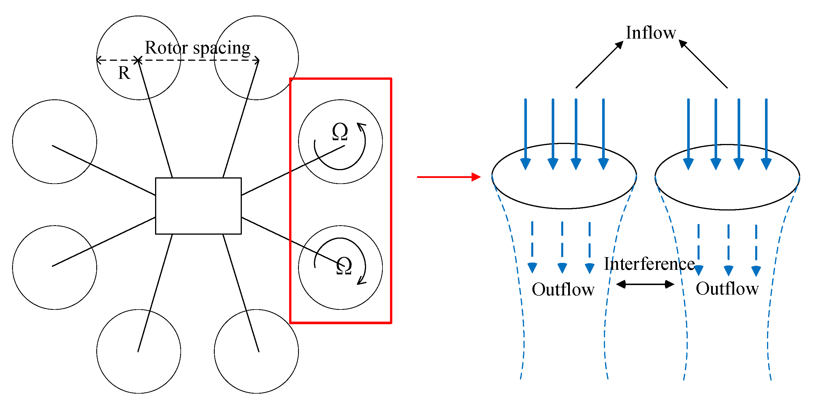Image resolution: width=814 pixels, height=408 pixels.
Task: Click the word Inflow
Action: [651, 33]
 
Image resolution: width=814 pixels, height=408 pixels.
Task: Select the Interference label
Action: [649, 264]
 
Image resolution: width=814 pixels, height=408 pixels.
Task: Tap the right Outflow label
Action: [727, 289]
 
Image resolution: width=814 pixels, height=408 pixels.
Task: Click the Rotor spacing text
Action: [197, 48]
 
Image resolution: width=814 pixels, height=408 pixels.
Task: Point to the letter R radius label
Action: [124, 73]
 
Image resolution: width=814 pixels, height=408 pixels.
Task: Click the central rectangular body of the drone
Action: [198, 206]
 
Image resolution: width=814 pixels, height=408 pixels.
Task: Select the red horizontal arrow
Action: [449, 177]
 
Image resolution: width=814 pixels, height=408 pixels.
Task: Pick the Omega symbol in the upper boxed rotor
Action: [340, 132]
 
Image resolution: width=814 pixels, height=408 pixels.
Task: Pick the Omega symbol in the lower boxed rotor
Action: [344, 266]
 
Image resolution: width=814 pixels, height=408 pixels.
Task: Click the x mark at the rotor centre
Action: [138, 60]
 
